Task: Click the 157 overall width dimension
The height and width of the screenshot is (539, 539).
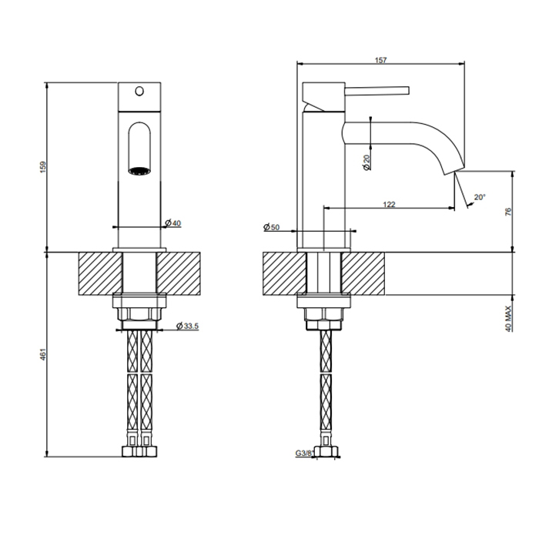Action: [x=380, y=60]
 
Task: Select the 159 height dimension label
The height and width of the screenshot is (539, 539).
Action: [x=43, y=167]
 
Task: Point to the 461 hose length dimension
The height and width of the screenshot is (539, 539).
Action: [x=43, y=354]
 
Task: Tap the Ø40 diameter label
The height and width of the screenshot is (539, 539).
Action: [x=173, y=223]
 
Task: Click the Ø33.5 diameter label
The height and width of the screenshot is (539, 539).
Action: [x=187, y=326]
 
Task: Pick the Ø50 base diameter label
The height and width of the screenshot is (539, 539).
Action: [x=272, y=227]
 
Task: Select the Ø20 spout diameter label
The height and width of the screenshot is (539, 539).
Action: [x=367, y=162]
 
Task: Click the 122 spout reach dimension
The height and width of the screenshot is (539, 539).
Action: [x=389, y=205]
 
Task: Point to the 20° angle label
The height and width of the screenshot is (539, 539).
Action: [x=480, y=197]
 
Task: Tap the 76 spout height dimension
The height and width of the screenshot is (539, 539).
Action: [x=509, y=212]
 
